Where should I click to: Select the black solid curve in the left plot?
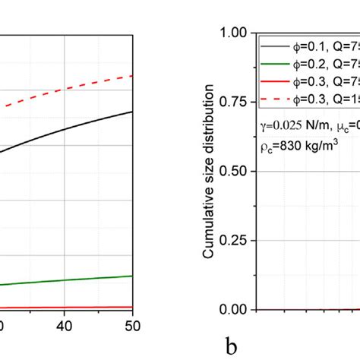point(76,128)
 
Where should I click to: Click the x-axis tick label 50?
point(132,325)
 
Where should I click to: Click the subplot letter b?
point(230,346)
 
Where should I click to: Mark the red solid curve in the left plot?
point(76,307)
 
